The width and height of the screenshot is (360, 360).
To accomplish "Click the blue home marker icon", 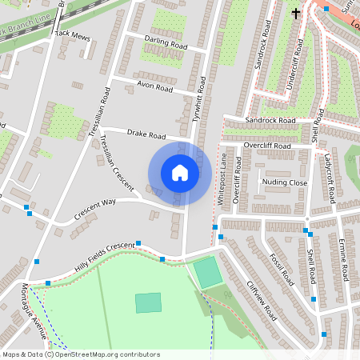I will coord(180,173).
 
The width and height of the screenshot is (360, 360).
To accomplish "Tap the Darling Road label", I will coord(166,42).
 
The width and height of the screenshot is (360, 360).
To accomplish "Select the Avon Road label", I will coord(154,86).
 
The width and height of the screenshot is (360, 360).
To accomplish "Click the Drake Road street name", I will coord(146,134).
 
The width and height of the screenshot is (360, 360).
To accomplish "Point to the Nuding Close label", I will coord(285,182).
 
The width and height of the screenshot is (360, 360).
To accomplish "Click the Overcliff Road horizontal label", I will coord(267,146).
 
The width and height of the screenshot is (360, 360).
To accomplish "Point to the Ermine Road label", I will coord(343,259).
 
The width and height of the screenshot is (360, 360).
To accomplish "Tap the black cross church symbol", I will coord(296,13).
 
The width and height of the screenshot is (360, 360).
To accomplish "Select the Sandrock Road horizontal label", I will coord(270,121).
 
